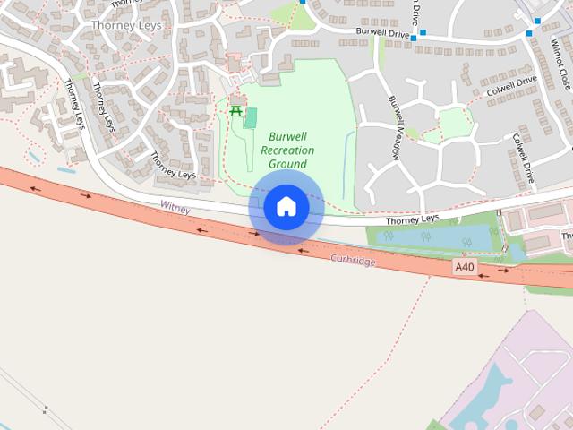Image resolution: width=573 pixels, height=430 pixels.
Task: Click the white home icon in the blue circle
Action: (286, 207)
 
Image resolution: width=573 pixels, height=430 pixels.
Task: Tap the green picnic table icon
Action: (236, 110)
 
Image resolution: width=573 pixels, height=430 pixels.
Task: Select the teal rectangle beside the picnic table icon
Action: (252, 117)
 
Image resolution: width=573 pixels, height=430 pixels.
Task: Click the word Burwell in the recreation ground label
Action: (287, 137)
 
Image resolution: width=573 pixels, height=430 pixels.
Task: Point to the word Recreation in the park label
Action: (287, 150)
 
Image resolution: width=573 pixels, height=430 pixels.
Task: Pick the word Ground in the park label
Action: (287, 164)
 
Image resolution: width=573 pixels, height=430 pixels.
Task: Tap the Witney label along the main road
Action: (176, 206)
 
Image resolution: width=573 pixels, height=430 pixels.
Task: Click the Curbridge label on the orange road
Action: (353, 259)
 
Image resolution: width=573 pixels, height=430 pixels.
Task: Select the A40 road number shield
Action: (463, 267)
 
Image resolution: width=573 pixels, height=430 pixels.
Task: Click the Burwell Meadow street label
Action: (394, 126)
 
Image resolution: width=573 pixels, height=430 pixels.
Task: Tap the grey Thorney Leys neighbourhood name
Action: (126, 25)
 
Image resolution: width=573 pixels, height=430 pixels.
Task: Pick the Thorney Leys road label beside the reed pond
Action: (413, 219)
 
